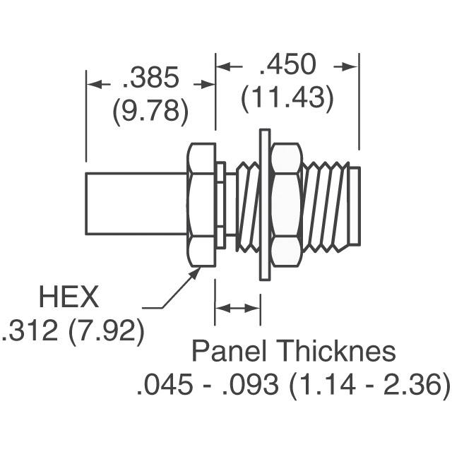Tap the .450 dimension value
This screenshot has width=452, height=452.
[x=287, y=65]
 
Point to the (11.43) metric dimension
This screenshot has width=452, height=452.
[x=287, y=97]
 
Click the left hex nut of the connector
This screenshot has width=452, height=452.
[x=201, y=205]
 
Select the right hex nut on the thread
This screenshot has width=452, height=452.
[x=285, y=205]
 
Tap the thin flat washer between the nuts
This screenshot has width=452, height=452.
[x=266, y=205]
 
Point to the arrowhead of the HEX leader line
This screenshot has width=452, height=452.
[x=195, y=273]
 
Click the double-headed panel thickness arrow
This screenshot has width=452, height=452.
[x=238, y=308]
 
